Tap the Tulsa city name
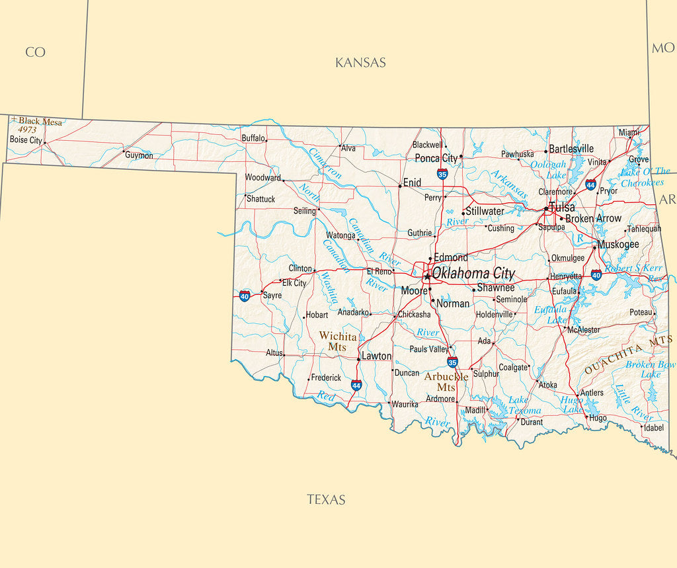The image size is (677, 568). [x=561, y=207]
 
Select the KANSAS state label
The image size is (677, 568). [x=360, y=63]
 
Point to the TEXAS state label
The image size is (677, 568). [x=326, y=500]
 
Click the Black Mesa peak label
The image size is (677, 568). [x=40, y=122]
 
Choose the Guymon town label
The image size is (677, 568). [x=139, y=155]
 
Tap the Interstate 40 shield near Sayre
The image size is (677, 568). [x=245, y=295]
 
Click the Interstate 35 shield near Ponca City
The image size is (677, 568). [x=442, y=174]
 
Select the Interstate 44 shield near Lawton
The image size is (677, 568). [x=356, y=385]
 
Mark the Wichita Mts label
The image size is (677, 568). [x=338, y=342]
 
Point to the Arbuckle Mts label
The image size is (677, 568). [x=446, y=382]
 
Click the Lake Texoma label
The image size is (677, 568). [x=524, y=405]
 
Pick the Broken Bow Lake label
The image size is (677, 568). [x=651, y=369]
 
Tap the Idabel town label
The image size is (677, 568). [x=653, y=428]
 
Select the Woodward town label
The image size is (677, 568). [x=262, y=177]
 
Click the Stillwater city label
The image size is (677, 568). [x=485, y=211]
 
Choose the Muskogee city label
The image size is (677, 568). [x=619, y=244]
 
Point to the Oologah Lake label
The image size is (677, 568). [x=548, y=169]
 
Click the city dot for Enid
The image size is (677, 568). [x=399, y=186]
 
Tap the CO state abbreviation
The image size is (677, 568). [x=35, y=52]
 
